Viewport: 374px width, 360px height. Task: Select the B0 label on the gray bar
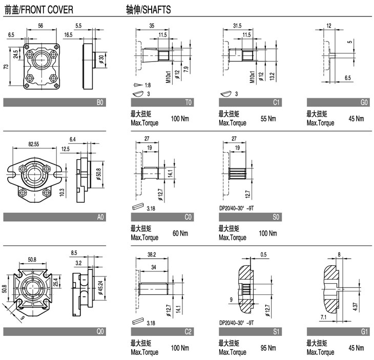coord(100,102)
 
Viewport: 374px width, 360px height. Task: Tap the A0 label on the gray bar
coord(100,217)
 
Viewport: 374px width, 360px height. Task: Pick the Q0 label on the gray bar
coord(100,332)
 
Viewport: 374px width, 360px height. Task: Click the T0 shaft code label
coord(189,102)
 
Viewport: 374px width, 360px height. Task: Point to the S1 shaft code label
coord(277,332)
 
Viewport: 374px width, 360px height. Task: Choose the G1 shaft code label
coord(364,332)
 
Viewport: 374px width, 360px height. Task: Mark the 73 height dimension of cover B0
coord(7,68)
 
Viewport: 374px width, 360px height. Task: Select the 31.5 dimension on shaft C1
coord(237,25)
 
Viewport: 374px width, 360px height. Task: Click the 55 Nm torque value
coord(268,119)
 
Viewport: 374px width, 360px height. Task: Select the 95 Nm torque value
coord(268,349)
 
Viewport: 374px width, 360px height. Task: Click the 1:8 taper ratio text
coord(148,85)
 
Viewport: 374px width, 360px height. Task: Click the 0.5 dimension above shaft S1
coord(263,254)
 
